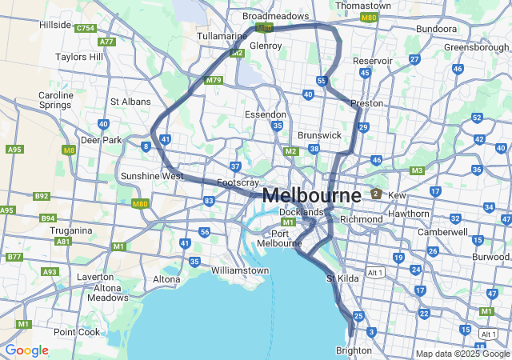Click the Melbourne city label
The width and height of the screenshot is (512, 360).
pos(311,195)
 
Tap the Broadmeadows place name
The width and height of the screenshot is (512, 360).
pos(275,16)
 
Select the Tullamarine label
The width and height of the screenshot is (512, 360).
pos(222,37)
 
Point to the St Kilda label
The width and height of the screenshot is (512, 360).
pos(343,278)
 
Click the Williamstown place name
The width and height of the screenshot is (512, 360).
pos(240,270)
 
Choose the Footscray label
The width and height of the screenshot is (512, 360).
pos(238,182)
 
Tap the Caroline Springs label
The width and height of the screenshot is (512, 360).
pos(56,100)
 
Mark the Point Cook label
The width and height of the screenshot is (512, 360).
pos(77,331)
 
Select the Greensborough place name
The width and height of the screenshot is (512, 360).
pos(477,47)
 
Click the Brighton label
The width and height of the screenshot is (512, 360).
pos(354,350)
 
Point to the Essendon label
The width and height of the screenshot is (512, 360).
pos(265,114)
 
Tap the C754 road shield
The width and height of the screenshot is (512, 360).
pos(86,28)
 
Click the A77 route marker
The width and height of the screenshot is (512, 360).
pos(106,42)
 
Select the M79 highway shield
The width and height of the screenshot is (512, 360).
pos(213,80)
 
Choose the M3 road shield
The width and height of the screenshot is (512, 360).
pos(417,170)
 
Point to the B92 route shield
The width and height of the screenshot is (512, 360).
pos(42,196)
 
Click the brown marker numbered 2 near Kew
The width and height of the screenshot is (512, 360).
pos(375,194)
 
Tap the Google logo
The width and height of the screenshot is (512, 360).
pos(26,350)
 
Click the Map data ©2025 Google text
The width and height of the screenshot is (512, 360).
pos(462,354)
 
